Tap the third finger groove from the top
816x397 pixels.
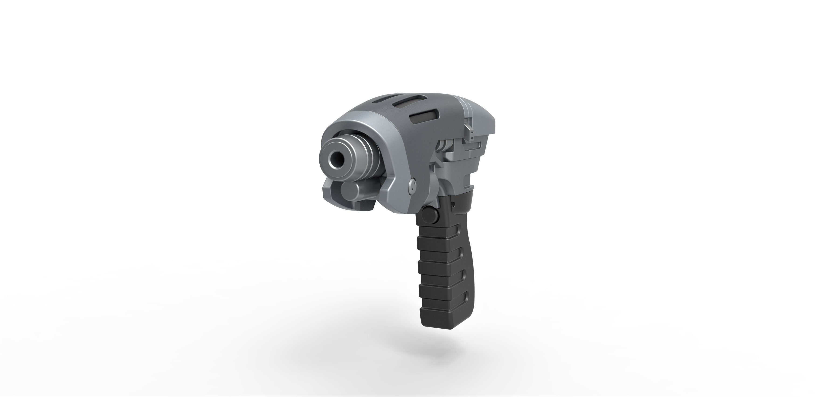463,274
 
